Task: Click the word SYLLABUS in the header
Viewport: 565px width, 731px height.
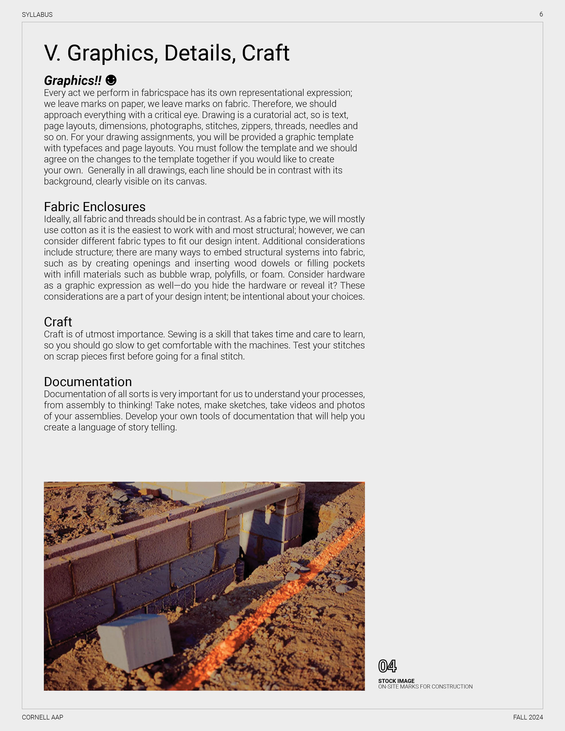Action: point(37,15)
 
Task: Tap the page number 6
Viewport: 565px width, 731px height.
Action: point(541,14)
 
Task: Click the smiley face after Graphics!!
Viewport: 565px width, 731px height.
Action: point(111,80)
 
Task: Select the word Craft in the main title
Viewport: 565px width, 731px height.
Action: point(265,53)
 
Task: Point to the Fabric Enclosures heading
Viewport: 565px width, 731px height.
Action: point(95,207)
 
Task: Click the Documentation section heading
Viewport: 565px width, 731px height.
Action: point(88,382)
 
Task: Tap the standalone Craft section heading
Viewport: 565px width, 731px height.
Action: point(58,322)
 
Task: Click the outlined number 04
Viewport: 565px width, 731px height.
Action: point(387,666)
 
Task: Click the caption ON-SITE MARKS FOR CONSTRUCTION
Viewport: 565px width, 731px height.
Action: point(425,686)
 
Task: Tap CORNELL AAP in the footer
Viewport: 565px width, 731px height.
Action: point(43,717)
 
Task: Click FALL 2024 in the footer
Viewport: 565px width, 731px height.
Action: point(528,717)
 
